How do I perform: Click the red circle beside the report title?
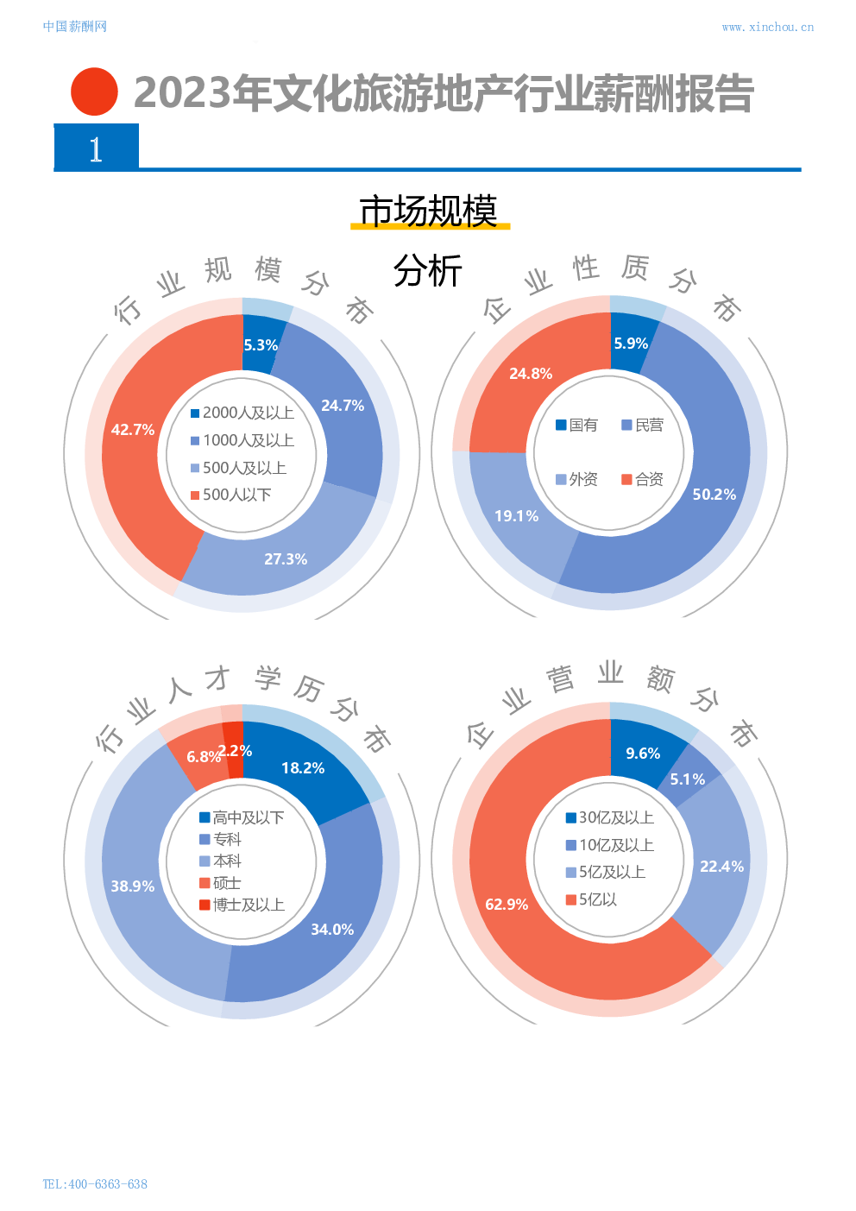point(94,91)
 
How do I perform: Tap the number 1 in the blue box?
point(96,149)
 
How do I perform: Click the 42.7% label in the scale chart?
point(133,430)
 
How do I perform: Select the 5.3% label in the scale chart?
point(261,345)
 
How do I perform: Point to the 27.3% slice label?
point(286,559)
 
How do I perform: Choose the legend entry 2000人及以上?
point(242,413)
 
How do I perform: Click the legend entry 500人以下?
point(230,495)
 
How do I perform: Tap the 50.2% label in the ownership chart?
point(714,495)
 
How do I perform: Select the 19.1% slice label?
point(516,516)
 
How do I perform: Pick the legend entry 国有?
point(576,426)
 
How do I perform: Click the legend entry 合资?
point(643,480)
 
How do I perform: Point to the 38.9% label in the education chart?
point(133,886)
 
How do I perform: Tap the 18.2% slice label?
point(303,768)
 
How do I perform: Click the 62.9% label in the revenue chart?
point(507,905)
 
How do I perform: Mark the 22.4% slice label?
point(721,867)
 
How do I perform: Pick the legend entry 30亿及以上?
point(609,818)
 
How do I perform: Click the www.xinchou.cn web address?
point(767,28)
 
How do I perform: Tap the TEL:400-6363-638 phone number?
point(95,1184)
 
